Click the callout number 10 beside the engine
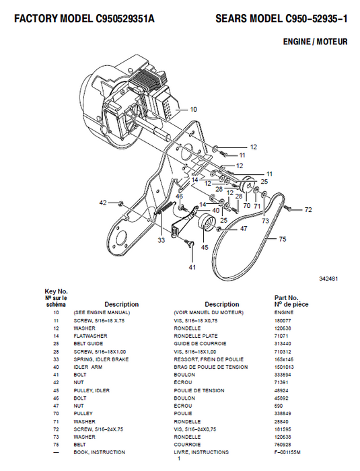(194, 108)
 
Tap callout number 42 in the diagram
(103, 202)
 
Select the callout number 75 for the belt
(282, 238)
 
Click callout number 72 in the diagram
(308, 210)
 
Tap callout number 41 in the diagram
(192, 268)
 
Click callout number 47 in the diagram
(243, 228)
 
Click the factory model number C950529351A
(123, 20)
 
